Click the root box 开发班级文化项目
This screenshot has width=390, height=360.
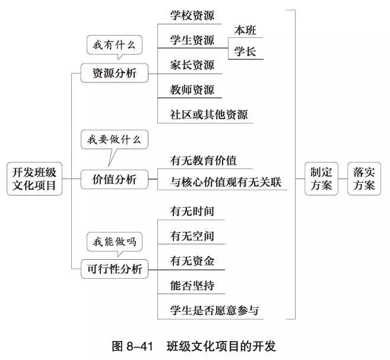pyautogui.click(x=34, y=179)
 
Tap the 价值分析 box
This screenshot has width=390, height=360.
pyautogui.click(x=115, y=179)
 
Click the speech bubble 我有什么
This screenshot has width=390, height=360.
pyautogui.click(x=115, y=44)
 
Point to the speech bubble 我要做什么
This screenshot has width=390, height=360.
pyautogui.click(x=115, y=141)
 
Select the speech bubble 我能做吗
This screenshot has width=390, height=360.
pyautogui.click(x=115, y=241)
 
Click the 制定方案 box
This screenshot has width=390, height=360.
pyautogui.click(x=321, y=179)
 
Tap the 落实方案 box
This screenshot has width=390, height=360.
pyautogui.click(x=363, y=179)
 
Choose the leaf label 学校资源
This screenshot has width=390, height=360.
pyautogui.click(x=192, y=15)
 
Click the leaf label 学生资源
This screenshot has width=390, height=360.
pyautogui.click(x=192, y=40)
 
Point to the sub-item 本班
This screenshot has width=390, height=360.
pyautogui.click(x=246, y=30)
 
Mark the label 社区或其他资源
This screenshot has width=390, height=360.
pyautogui.click(x=208, y=114)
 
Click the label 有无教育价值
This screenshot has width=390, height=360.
pyautogui.click(x=203, y=161)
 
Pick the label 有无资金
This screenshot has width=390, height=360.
pyautogui.click(x=192, y=260)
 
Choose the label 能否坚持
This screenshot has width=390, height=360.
pyautogui.click(x=192, y=285)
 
